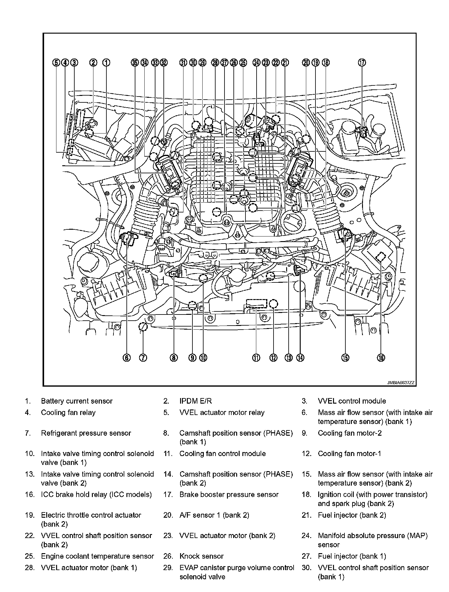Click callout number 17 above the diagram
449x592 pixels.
362,63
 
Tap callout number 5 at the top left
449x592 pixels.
56,63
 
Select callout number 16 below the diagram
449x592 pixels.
381,358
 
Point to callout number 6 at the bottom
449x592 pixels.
127,358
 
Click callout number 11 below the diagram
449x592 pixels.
256,358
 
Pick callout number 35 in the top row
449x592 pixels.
134,63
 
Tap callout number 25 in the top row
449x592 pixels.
243,63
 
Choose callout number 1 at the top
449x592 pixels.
106,63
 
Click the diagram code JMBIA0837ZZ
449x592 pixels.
401,383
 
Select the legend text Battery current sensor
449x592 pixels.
77,401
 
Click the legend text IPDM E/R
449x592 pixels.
196,401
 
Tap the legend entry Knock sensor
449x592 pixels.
201,556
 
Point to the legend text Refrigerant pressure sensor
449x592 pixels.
86,433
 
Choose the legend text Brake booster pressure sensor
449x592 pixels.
229,495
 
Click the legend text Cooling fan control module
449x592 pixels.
222,454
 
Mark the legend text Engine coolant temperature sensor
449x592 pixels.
97,556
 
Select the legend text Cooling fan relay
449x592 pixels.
68,413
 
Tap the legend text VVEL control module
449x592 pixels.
352,401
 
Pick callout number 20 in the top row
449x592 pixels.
306,63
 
